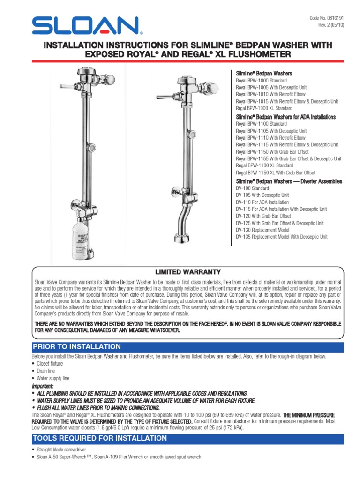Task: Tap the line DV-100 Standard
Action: point(252,188)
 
